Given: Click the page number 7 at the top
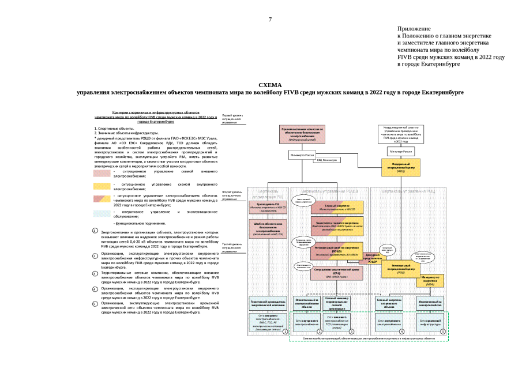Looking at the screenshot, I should (269, 20).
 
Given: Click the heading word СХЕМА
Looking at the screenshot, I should (270, 84).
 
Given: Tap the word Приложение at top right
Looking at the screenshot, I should (414, 28).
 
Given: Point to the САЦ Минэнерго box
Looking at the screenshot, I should (326, 160).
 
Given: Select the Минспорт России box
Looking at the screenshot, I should (401, 151).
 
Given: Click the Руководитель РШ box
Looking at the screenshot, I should (268, 207).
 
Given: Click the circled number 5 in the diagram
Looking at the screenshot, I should (443, 331).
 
